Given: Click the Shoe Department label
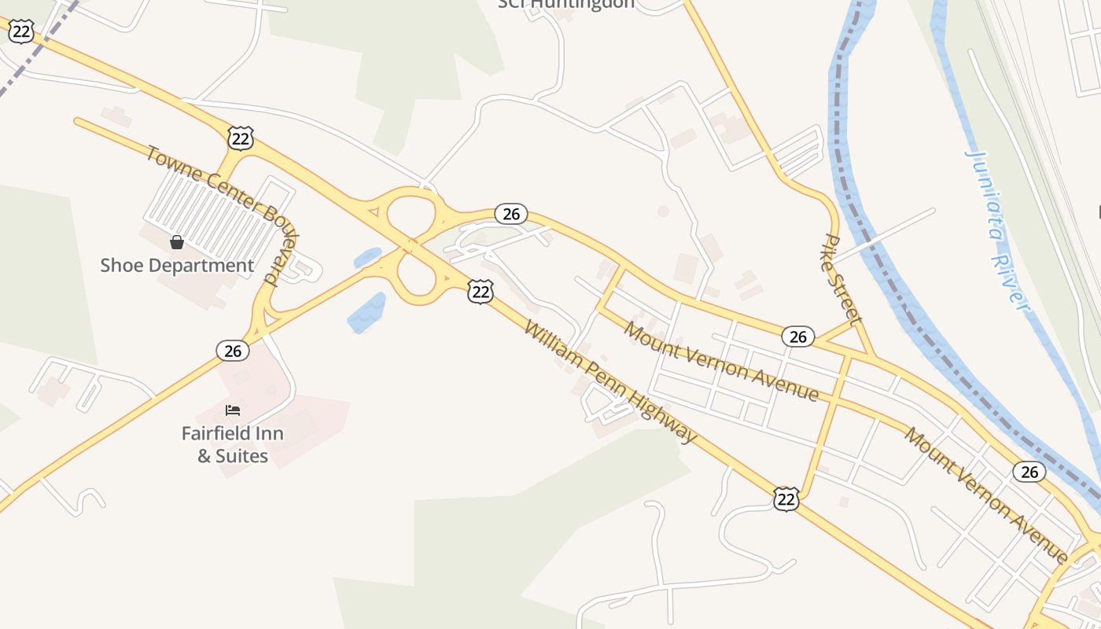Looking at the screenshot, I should pyautogui.click(x=177, y=266).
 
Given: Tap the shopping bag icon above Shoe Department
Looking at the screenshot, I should pyautogui.click(x=177, y=242).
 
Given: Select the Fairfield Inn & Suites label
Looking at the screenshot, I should pyautogui.click(x=233, y=444).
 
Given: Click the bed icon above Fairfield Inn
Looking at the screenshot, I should pyautogui.click(x=233, y=410).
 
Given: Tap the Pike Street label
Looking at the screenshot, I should pyautogui.click(x=844, y=279).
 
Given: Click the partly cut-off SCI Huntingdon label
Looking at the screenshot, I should pyautogui.click(x=566, y=5).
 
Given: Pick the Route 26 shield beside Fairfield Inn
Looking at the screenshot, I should pyautogui.click(x=233, y=351).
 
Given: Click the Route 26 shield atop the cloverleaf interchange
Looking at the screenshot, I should pyautogui.click(x=511, y=214).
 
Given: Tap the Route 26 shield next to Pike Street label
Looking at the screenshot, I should pyautogui.click(x=797, y=337).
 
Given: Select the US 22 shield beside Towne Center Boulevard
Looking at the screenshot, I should pyautogui.click(x=241, y=138).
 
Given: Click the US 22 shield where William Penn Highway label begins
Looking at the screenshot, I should pyautogui.click(x=480, y=292).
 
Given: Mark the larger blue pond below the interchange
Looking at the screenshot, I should pyautogui.click(x=367, y=314).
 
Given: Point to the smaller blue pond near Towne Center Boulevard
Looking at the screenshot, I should pyautogui.click(x=367, y=257).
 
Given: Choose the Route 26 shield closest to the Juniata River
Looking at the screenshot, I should pyautogui.click(x=1029, y=472).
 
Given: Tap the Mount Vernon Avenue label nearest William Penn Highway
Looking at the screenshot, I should pyautogui.click(x=721, y=362).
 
